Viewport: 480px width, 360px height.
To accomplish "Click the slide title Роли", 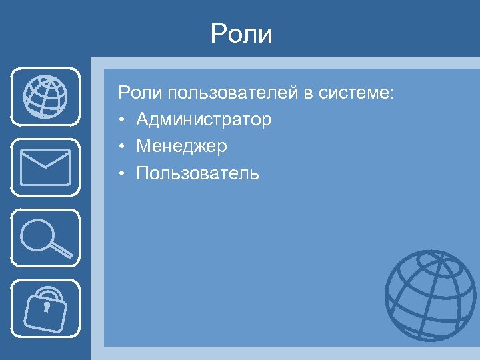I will click(241, 34).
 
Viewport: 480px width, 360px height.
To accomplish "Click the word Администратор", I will click(204, 120).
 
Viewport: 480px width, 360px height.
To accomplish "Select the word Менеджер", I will click(181, 147).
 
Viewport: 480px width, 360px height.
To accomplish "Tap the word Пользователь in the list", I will click(197, 174).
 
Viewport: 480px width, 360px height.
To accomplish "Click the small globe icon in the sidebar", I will click(45, 96).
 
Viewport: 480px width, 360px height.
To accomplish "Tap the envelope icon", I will click(45, 167).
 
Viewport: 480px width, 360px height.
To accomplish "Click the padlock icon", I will click(45, 309).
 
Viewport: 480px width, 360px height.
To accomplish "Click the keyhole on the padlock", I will click(47, 309).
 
